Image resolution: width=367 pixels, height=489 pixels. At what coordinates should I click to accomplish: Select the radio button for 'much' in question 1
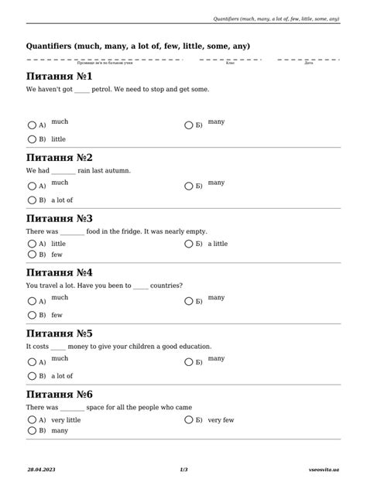[x=32, y=125]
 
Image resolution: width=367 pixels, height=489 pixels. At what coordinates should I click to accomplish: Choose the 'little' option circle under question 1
[x=32, y=139]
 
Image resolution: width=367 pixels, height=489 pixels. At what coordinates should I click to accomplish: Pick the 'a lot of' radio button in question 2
[x=32, y=200]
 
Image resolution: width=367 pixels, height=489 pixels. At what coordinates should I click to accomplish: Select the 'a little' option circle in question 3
[x=188, y=244]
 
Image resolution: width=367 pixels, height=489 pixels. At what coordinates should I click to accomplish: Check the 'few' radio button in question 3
[x=32, y=254]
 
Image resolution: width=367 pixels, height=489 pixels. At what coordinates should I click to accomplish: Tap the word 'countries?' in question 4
[x=166, y=285]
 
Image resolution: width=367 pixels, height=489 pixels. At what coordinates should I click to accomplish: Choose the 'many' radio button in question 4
[x=188, y=300]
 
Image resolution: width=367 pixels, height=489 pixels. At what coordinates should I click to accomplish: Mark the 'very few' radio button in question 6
[x=188, y=420]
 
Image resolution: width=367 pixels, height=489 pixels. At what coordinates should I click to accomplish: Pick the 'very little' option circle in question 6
[x=32, y=420]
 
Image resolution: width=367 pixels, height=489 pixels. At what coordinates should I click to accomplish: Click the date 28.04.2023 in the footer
[x=41, y=470]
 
